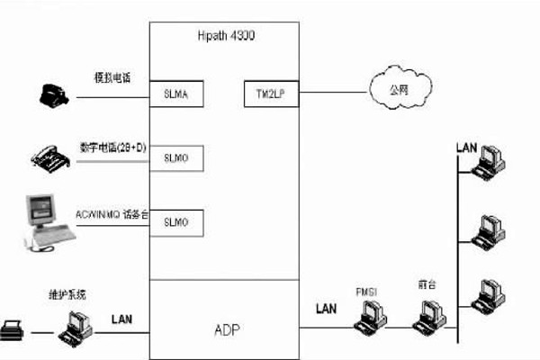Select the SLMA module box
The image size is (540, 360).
[x=176, y=92]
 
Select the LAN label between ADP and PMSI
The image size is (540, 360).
[x=326, y=309]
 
